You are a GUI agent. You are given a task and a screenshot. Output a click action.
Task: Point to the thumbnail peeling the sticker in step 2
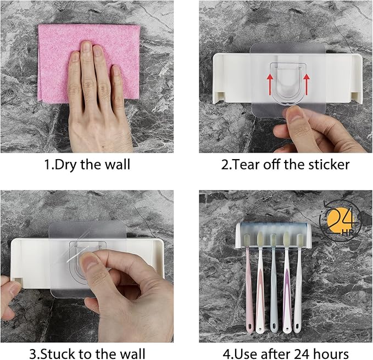pos(294,115)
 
